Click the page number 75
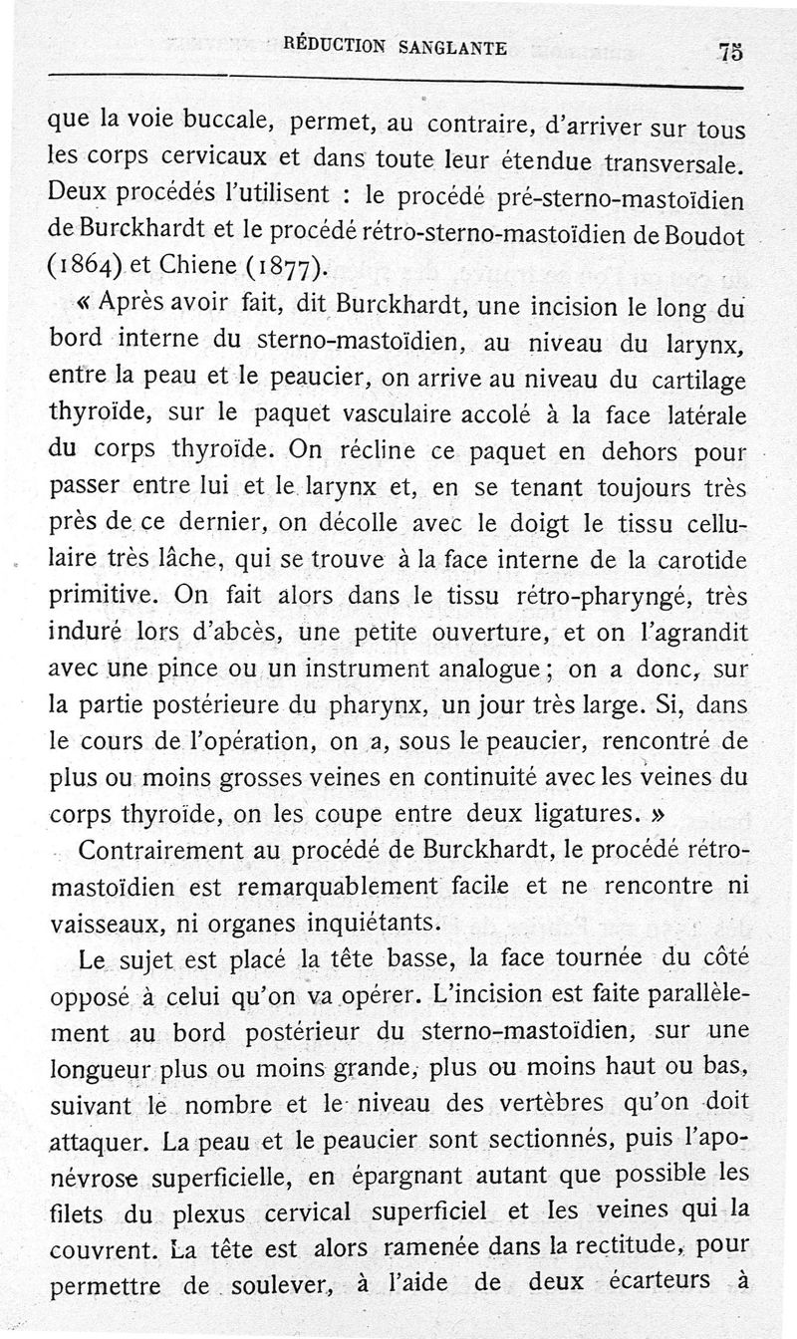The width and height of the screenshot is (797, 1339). coord(730,53)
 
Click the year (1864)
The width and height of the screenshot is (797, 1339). coord(88,266)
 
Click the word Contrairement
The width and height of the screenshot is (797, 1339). coord(165,850)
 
